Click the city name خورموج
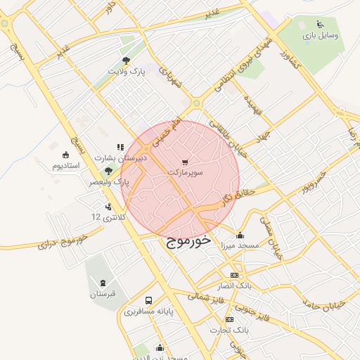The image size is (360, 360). click(189, 240)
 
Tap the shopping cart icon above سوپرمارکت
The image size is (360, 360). click(185, 162)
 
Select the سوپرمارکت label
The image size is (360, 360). click(186, 172)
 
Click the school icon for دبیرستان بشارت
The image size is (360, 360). click(120, 148)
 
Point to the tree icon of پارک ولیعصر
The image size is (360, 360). click(108, 172)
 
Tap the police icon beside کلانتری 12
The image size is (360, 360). click(108, 207)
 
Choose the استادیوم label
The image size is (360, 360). click(66, 165)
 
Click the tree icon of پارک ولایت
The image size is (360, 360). click(126, 61)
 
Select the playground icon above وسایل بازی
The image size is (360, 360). click(321, 24)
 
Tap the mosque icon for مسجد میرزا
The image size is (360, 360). click(240, 236)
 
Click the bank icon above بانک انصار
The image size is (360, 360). click(234, 276)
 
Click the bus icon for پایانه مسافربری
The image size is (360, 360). click(148, 300)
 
